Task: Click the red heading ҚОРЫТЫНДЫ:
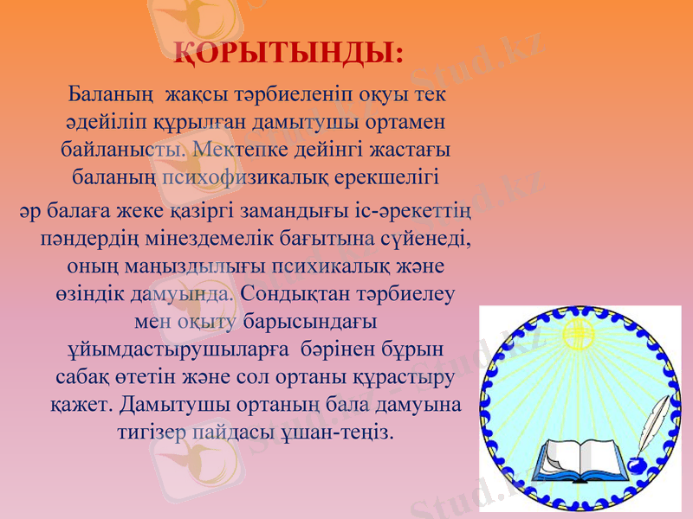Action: point(288,53)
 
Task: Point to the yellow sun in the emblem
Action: point(578,332)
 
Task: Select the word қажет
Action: point(81,403)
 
